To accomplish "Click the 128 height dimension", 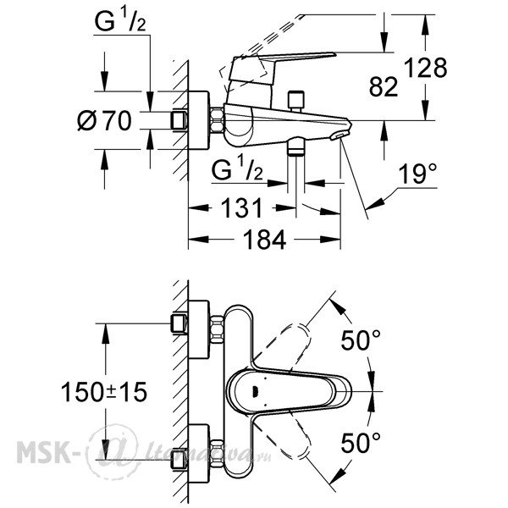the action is pyautogui.click(x=426, y=68).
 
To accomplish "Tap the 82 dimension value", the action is pyautogui.click(x=384, y=87).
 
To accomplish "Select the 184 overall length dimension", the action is pyautogui.click(x=264, y=240).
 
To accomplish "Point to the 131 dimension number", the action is pyautogui.click(x=242, y=208).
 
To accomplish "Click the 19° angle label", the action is pyautogui.click(x=417, y=174).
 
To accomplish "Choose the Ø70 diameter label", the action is pyautogui.click(x=105, y=120).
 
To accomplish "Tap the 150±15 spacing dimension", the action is pyautogui.click(x=103, y=392).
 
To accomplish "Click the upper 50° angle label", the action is pyautogui.click(x=361, y=340).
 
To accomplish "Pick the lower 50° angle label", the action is pyautogui.click(x=361, y=443).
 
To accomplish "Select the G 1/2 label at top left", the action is pyautogui.click(x=120, y=20).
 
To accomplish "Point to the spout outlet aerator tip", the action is pyautogui.click(x=340, y=135).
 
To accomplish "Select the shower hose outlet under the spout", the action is pyautogui.click(x=296, y=146).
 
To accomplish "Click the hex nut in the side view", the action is pyautogui.click(x=217, y=120).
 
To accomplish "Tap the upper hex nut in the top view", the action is pyautogui.click(x=217, y=331).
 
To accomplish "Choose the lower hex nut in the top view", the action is pyautogui.click(x=217, y=454).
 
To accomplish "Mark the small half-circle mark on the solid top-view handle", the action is pyautogui.click(x=256, y=392).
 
